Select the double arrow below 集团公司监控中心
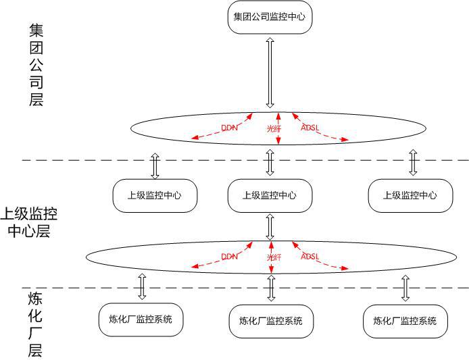pos(270,73)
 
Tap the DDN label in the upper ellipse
pos(230,126)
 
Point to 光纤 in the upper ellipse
pos(274,126)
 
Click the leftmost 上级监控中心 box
pos(155,195)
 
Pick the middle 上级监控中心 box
pos(270,195)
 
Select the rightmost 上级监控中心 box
pos(410,195)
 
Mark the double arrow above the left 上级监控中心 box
pos(155,165)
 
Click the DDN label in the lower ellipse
pos(230,257)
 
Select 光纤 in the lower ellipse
pos(274,257)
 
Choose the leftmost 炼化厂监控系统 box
pos(141,319)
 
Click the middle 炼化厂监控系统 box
pos(271,321)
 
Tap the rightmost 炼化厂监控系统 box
pos(405,321)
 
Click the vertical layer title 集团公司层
pos(36,65)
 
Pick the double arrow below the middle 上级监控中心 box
pos(270,228)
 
